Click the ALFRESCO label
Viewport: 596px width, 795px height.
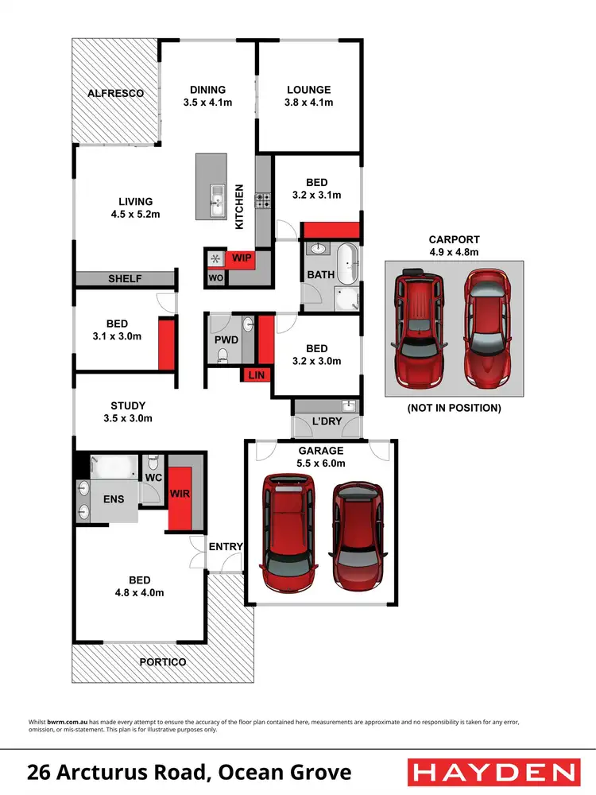coord(115,93)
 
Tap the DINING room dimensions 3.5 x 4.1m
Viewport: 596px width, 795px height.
coord(207,103)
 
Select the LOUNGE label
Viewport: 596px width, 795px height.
coord(308,90)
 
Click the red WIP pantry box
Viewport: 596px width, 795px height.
coord(241,258)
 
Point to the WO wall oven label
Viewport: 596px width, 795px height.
coord(215,278)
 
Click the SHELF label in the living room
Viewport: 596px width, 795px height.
coord(125,279)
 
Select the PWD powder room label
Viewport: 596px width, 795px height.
coord(226,339)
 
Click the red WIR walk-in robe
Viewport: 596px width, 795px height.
coord(178,494)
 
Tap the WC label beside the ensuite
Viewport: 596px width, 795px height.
coord(153,479)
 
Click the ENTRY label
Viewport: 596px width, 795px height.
coord(226,546)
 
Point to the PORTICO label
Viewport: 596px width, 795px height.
coord(162,662)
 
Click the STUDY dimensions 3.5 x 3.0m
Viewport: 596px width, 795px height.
coord(127,418)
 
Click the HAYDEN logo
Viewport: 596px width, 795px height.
coord(492,772)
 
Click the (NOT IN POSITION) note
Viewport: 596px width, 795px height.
coord(454,408)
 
